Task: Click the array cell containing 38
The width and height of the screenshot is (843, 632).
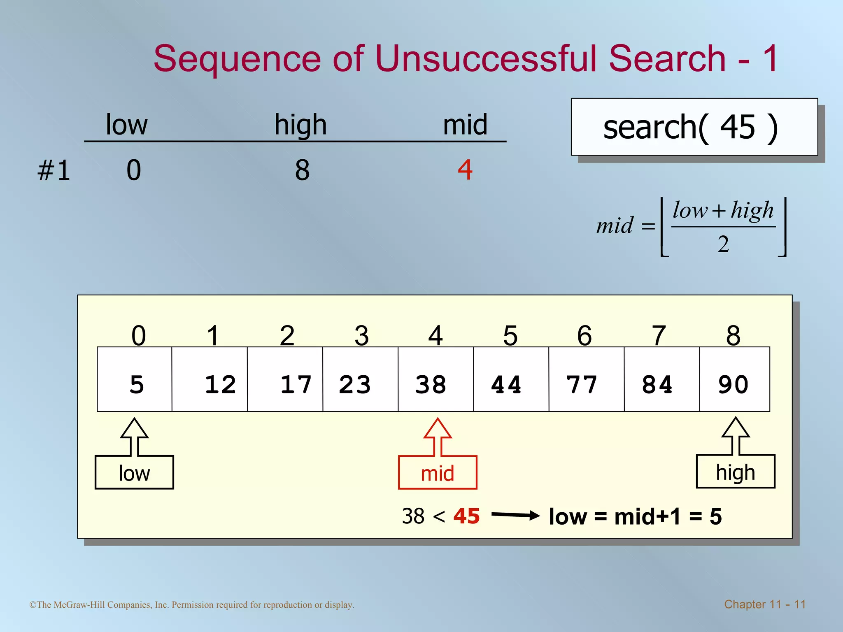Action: (x=435, y=379)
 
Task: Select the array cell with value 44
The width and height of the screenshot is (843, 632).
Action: (x=511, y=379)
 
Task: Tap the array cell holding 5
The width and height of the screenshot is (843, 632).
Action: (x=135, y=379)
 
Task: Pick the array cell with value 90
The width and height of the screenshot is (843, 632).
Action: (x=734, y=379)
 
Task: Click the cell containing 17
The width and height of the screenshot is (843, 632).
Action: (x=285, y=379)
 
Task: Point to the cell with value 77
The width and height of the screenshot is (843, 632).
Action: (x=586, y=379)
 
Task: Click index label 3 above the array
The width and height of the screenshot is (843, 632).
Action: (x=361, y=335)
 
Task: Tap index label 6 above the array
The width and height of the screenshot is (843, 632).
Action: (x=585, y=335)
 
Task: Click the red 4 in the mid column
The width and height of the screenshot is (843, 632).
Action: (x=465, y=170)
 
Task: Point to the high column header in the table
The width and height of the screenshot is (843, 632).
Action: (x=300, y=125)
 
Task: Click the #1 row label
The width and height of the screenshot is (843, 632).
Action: (x=54, y=170)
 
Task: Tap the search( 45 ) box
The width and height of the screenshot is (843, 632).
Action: (x=694, y=127)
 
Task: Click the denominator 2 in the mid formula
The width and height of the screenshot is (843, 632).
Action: (x=723, y=244)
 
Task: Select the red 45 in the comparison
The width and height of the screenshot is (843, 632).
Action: (x=466, y=516)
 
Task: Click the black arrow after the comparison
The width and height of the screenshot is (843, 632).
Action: (x=515, y=515)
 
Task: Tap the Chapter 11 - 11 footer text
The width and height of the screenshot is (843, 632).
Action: (x=765, y=604)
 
